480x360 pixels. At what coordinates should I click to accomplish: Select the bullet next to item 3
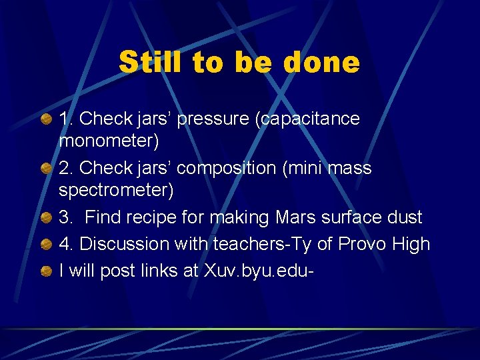tap(45, 218)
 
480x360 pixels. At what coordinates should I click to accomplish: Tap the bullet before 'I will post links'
tap(45, 271)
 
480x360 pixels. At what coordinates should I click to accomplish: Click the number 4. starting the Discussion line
tap(67, 244)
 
